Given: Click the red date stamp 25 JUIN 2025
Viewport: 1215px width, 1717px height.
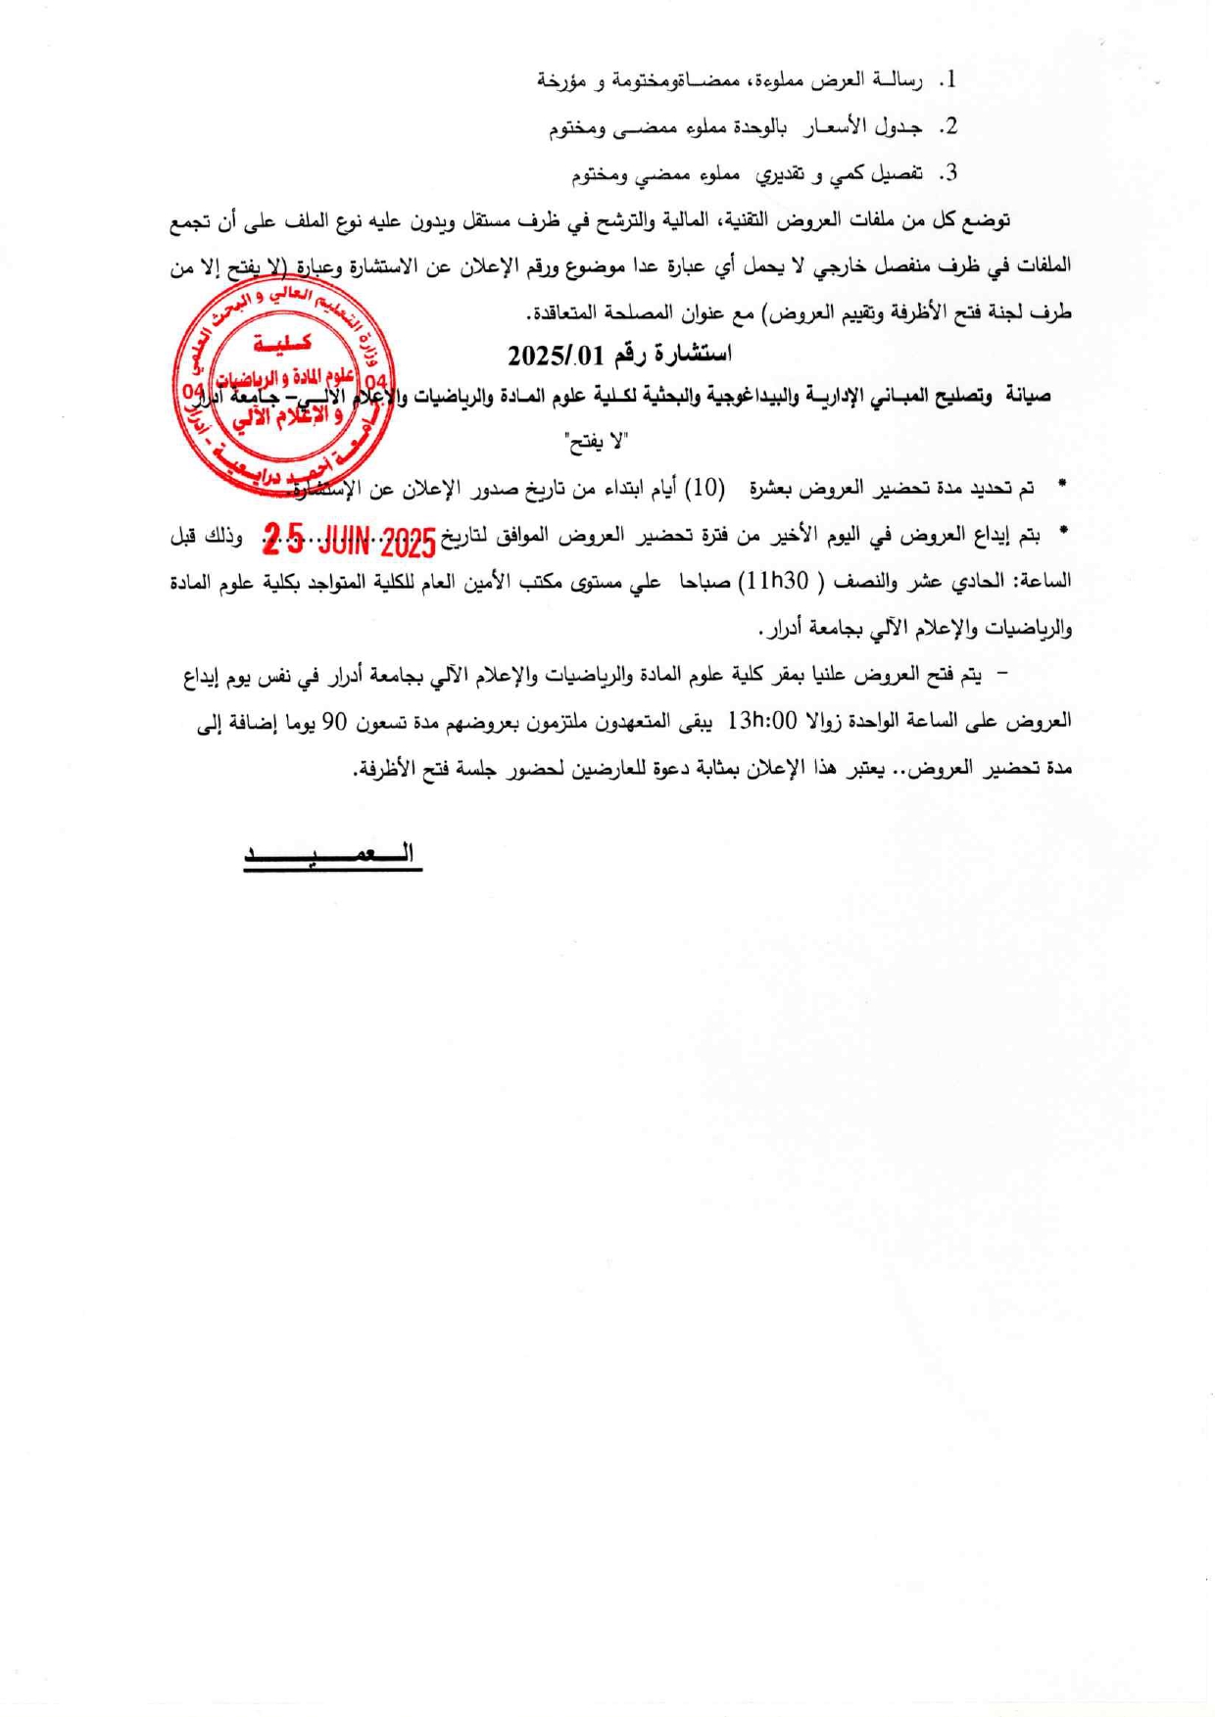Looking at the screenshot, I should coord(349,538).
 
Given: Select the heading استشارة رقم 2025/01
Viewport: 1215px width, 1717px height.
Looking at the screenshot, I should coord(619,354).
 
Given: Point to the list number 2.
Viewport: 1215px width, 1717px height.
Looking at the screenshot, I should coord(948,127).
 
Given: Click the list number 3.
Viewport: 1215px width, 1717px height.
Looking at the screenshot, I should coord(948,174).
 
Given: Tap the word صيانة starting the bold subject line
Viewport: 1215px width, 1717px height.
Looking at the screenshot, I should coord(1025,396).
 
